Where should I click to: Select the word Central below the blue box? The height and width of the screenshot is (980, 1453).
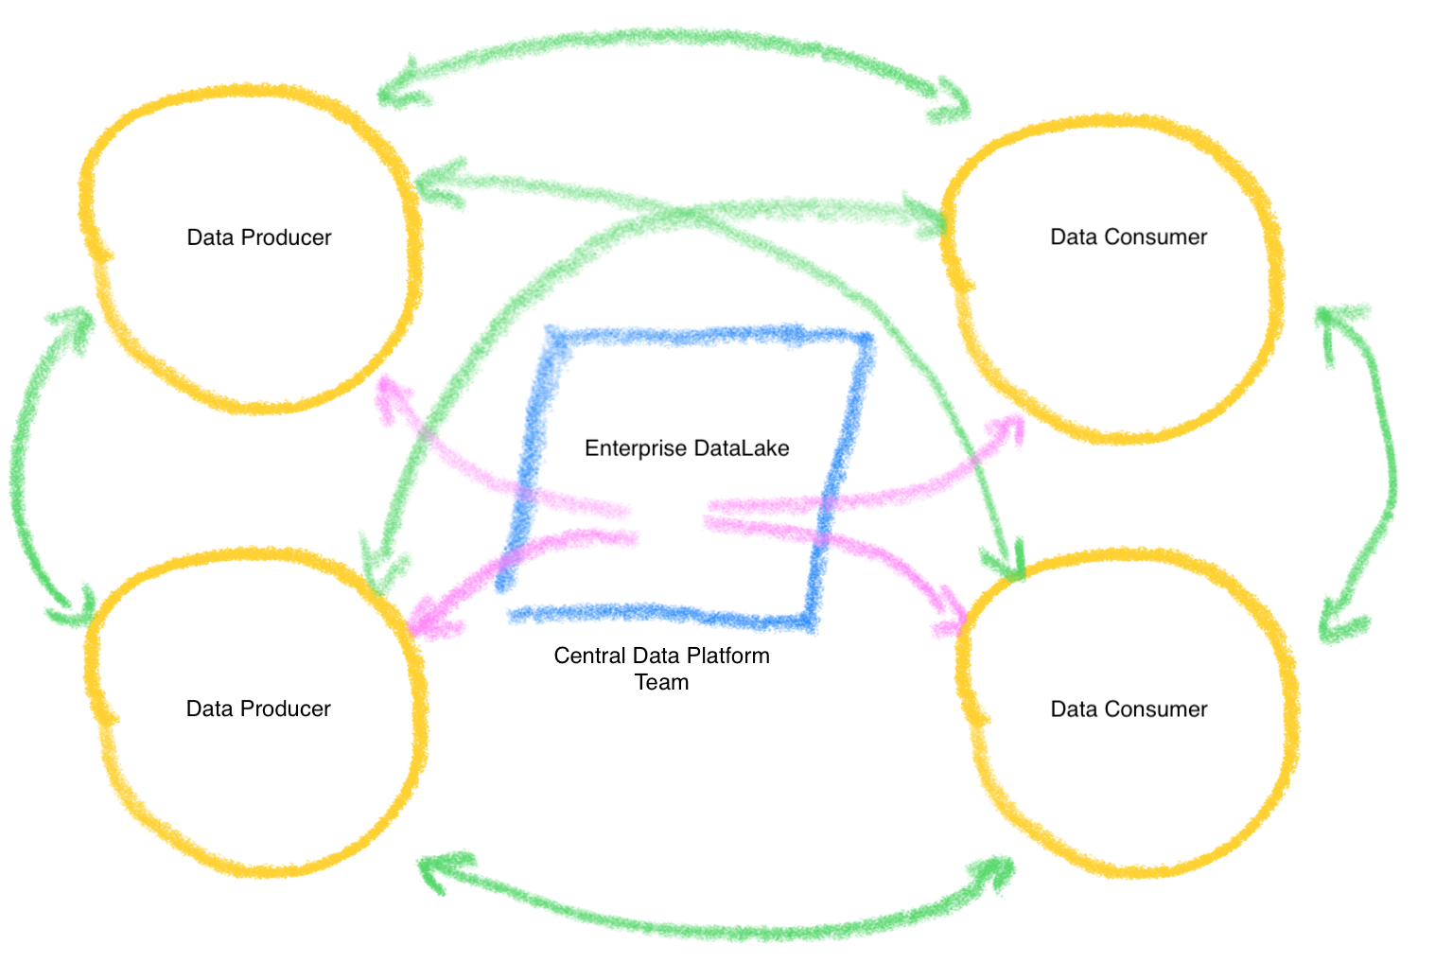click(x=590, y=656)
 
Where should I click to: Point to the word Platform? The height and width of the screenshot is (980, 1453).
click(x=728, y=656)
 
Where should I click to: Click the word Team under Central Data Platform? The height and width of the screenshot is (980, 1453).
click(x=661, y=682)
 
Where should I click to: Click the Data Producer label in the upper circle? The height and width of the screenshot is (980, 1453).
click(x=259, y=237)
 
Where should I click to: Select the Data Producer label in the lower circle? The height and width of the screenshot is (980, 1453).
click(x=258, y=709)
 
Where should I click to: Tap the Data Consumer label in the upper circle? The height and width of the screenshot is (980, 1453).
click(x=1129, y=237)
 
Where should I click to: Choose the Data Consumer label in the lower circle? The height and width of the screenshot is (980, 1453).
click(x=1129, y=709)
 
